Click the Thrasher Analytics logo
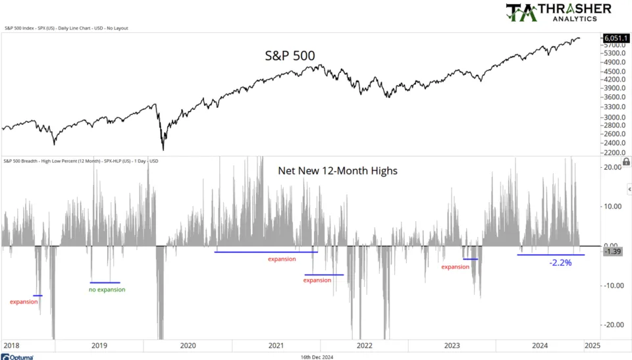[558, 13]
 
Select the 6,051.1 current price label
[615, 39]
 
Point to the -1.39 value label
[614, 252]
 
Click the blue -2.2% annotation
[560, 263]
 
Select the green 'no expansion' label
[107, 290]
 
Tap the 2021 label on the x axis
[276, 345]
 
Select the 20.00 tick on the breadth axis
[613, 167]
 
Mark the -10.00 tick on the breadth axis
[613, 286]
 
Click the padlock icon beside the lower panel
[626, 161]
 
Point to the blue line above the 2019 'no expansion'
[105, 282]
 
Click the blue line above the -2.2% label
[550, 255]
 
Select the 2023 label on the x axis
[452, 345]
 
